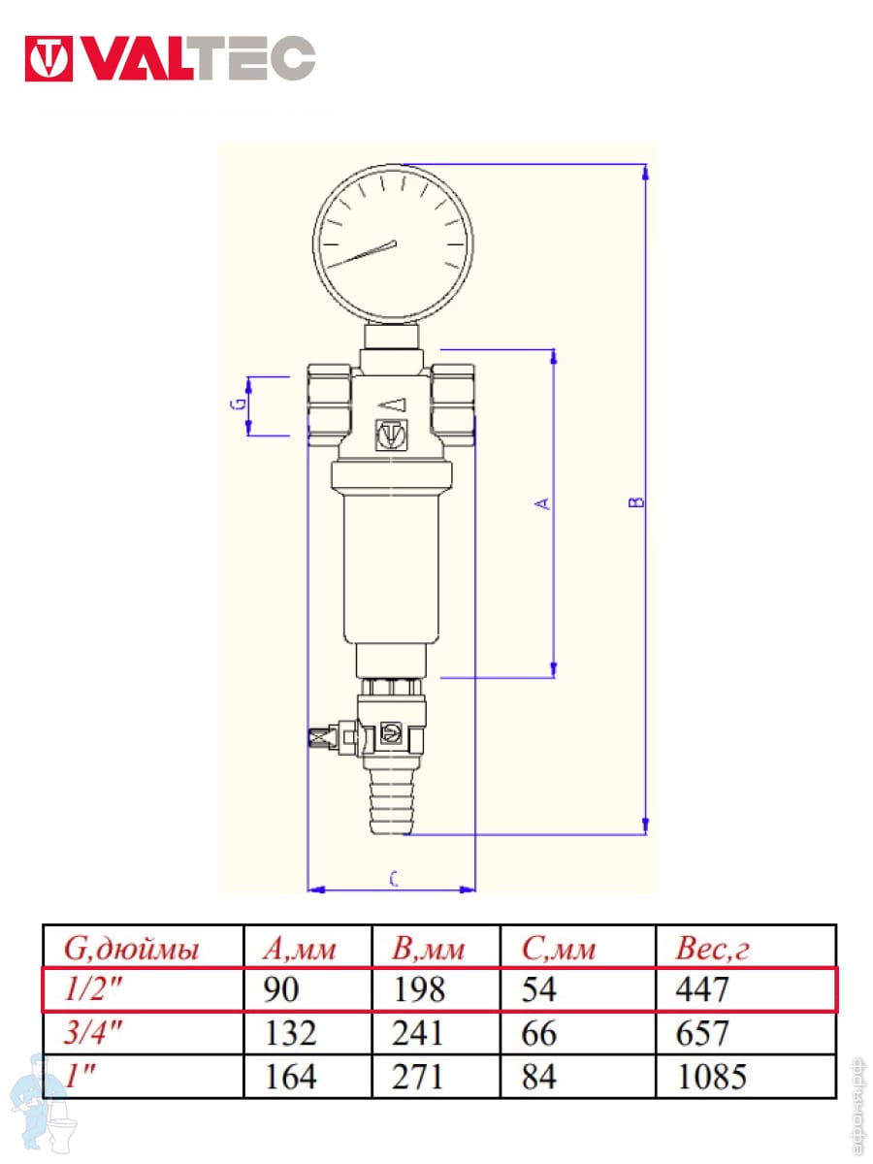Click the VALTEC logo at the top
(170, 58)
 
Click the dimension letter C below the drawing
(393, 879)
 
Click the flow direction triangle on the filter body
(392, 404)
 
